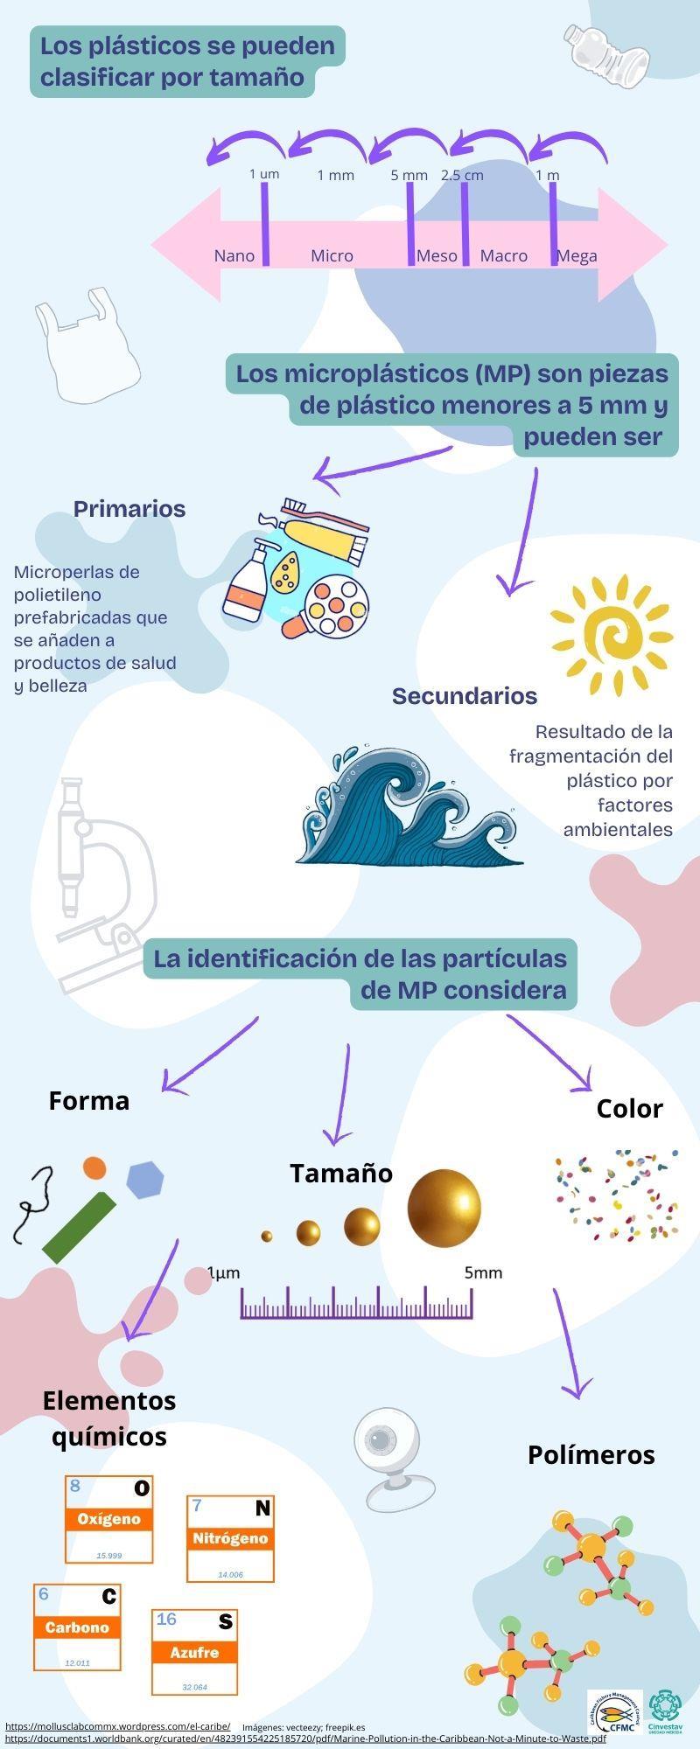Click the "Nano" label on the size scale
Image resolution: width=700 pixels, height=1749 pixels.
click(234, 255)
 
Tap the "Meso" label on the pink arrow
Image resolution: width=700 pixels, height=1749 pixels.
click(437, 255)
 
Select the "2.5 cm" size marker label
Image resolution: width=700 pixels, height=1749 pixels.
click(462, 175)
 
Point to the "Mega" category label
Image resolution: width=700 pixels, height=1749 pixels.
click(577, 255)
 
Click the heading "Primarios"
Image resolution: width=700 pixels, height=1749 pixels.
click(129, 509)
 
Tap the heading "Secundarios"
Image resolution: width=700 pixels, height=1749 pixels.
click(465, 696)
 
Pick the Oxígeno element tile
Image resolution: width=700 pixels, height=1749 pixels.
click(109, 1519)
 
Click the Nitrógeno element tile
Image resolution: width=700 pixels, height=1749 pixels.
click(230, 1538)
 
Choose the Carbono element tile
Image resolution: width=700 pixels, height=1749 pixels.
click(77, 1627)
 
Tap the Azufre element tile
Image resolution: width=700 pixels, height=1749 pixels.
click(194, 1652)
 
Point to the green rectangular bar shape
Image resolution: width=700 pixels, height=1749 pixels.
click(79, 1227)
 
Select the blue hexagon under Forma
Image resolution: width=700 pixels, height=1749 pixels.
click(145, 1180)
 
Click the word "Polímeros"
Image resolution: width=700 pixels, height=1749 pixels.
click(591, 1455)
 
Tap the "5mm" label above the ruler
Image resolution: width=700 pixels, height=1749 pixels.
click(483, 1272)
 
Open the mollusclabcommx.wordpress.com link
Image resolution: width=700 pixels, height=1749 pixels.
click(118, 1726)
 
